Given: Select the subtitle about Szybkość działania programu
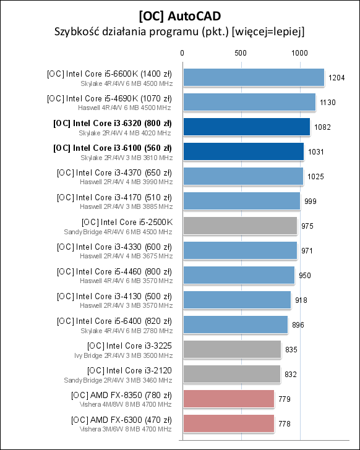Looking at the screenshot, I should pos(180,30).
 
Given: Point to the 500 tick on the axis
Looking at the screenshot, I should pos(241,54).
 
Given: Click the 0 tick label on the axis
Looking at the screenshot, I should pos(182,54).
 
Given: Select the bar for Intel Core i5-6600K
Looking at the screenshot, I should pos(253,77).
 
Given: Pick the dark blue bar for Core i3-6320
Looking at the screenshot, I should pos(246,127).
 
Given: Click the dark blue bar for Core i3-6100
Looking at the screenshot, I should pos(242,151).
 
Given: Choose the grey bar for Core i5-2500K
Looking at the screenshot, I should pos(239,226).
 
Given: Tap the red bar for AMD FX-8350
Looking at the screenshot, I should pos(228,399).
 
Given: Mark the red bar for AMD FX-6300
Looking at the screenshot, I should pos(228,423).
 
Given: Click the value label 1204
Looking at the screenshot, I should pos(336,77).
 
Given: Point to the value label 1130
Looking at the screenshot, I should pos(327,102).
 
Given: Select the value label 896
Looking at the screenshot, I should pos(298,325).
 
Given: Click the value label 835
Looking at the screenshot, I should pos(291,349).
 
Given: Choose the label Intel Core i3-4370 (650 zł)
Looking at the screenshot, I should pos(114,172).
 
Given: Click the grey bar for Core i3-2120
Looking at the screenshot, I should pos(231,374).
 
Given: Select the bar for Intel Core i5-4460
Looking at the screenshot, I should pos(238,275).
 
